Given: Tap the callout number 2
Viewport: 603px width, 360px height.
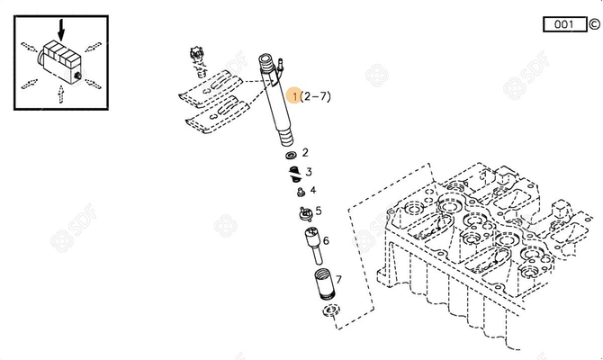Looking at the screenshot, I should coord(305,153).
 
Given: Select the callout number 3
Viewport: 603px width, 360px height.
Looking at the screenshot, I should coord(309,171).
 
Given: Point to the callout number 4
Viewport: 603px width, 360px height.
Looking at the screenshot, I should coord(313,190).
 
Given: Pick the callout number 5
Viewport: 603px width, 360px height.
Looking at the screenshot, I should coord(318,211).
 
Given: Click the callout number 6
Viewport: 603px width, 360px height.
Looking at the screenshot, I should coord(326,240).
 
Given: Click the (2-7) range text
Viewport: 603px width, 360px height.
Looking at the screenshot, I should coord(315,95).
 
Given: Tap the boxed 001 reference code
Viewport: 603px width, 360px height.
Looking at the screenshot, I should coord(564,24).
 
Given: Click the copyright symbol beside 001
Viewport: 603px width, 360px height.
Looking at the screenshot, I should coord(594,24).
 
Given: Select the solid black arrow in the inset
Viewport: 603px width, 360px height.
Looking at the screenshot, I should coord(60,26).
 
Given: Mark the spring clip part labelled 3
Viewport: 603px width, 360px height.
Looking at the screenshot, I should coord(292,171).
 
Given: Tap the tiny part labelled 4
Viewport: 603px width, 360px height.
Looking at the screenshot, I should coord(298,190).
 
